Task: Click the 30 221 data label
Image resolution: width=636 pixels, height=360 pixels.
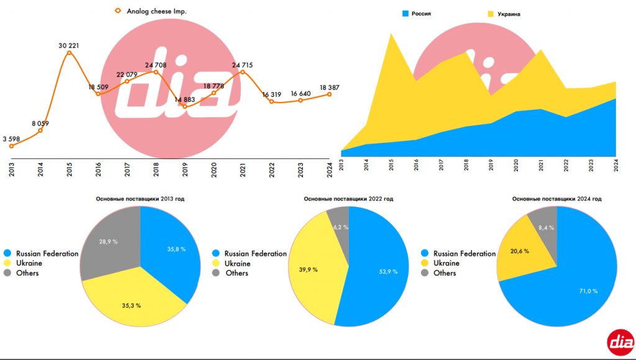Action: tap(69, 45)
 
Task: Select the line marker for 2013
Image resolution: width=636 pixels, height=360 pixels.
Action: tap(11, 145)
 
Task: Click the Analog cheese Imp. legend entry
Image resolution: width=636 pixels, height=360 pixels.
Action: tap(156, 11)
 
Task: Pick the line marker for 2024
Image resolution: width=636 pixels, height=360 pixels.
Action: tap(329, 94)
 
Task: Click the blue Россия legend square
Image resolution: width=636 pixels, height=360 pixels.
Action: tap(406, 12)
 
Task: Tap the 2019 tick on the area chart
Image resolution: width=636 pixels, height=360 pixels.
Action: tap(489, 164)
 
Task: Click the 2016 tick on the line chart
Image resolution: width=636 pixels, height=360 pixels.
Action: tap(98, 169)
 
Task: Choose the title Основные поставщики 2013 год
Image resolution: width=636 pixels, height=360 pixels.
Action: tap(140, 199)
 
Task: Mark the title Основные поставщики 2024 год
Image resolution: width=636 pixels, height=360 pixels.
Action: tap(556, 199)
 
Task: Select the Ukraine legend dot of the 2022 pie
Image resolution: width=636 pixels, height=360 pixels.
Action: tap(216, 263)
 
